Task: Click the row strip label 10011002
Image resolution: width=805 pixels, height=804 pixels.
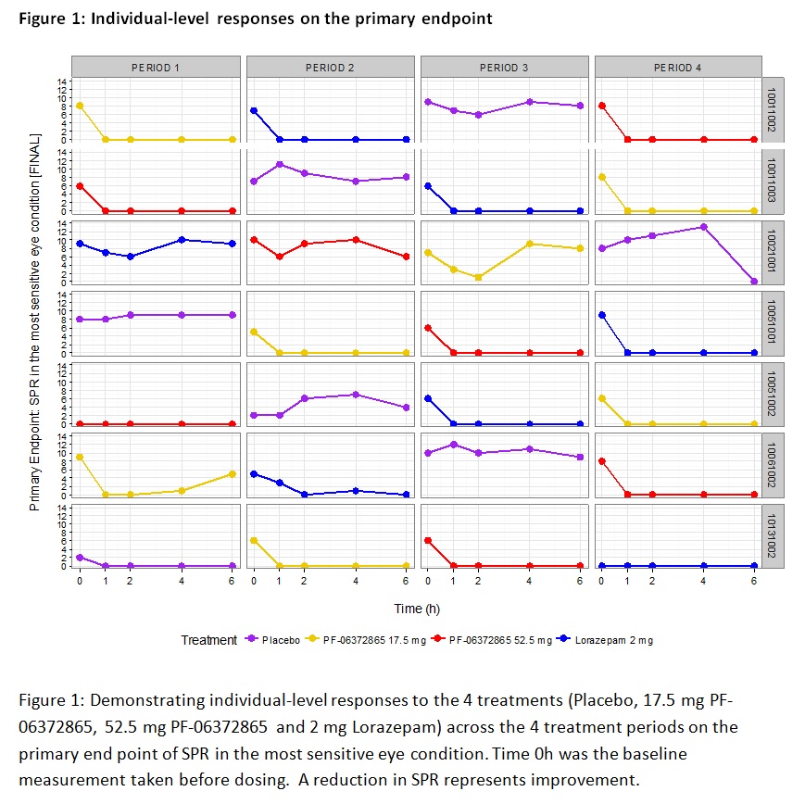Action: [772, 109]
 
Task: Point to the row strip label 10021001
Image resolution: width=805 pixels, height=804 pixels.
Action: [772, 252]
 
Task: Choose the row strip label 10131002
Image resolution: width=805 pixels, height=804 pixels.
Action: [772, 535]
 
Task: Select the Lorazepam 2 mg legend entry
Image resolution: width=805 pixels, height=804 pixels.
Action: [617, 640]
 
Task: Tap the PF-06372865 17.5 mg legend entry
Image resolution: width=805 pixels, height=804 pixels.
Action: [381, 640]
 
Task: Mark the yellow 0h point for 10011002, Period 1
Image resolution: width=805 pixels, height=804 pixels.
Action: [80, 106]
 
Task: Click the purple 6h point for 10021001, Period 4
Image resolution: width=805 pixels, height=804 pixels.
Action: [754, 281]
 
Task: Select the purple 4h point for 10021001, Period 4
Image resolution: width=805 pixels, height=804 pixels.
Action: [703, 227]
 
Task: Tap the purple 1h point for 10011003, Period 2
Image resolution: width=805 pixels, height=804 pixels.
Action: [279, 164]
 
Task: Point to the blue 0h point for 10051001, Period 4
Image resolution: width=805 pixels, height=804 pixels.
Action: [602, 315]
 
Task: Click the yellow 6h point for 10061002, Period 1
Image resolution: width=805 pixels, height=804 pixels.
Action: [232, 473]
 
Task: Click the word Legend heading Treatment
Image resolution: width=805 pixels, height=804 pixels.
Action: [208, 640]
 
